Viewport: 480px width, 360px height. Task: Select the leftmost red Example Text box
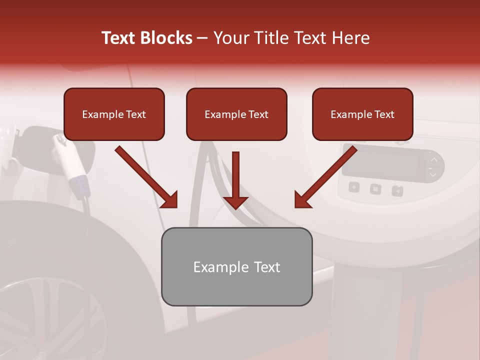click(114, 114)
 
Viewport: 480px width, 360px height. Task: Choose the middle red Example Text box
click(236, 114)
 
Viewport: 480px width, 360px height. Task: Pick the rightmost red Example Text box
click(362, 114)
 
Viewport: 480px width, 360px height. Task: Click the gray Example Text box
click(236, 267)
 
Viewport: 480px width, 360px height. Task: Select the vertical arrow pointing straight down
click(235, 180)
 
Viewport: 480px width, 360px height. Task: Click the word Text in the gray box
click(266, 267)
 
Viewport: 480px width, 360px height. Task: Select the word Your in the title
click(230, 38)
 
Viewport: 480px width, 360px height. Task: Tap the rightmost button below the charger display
click(397, 190)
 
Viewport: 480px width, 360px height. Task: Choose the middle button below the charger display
click(375, 189)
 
